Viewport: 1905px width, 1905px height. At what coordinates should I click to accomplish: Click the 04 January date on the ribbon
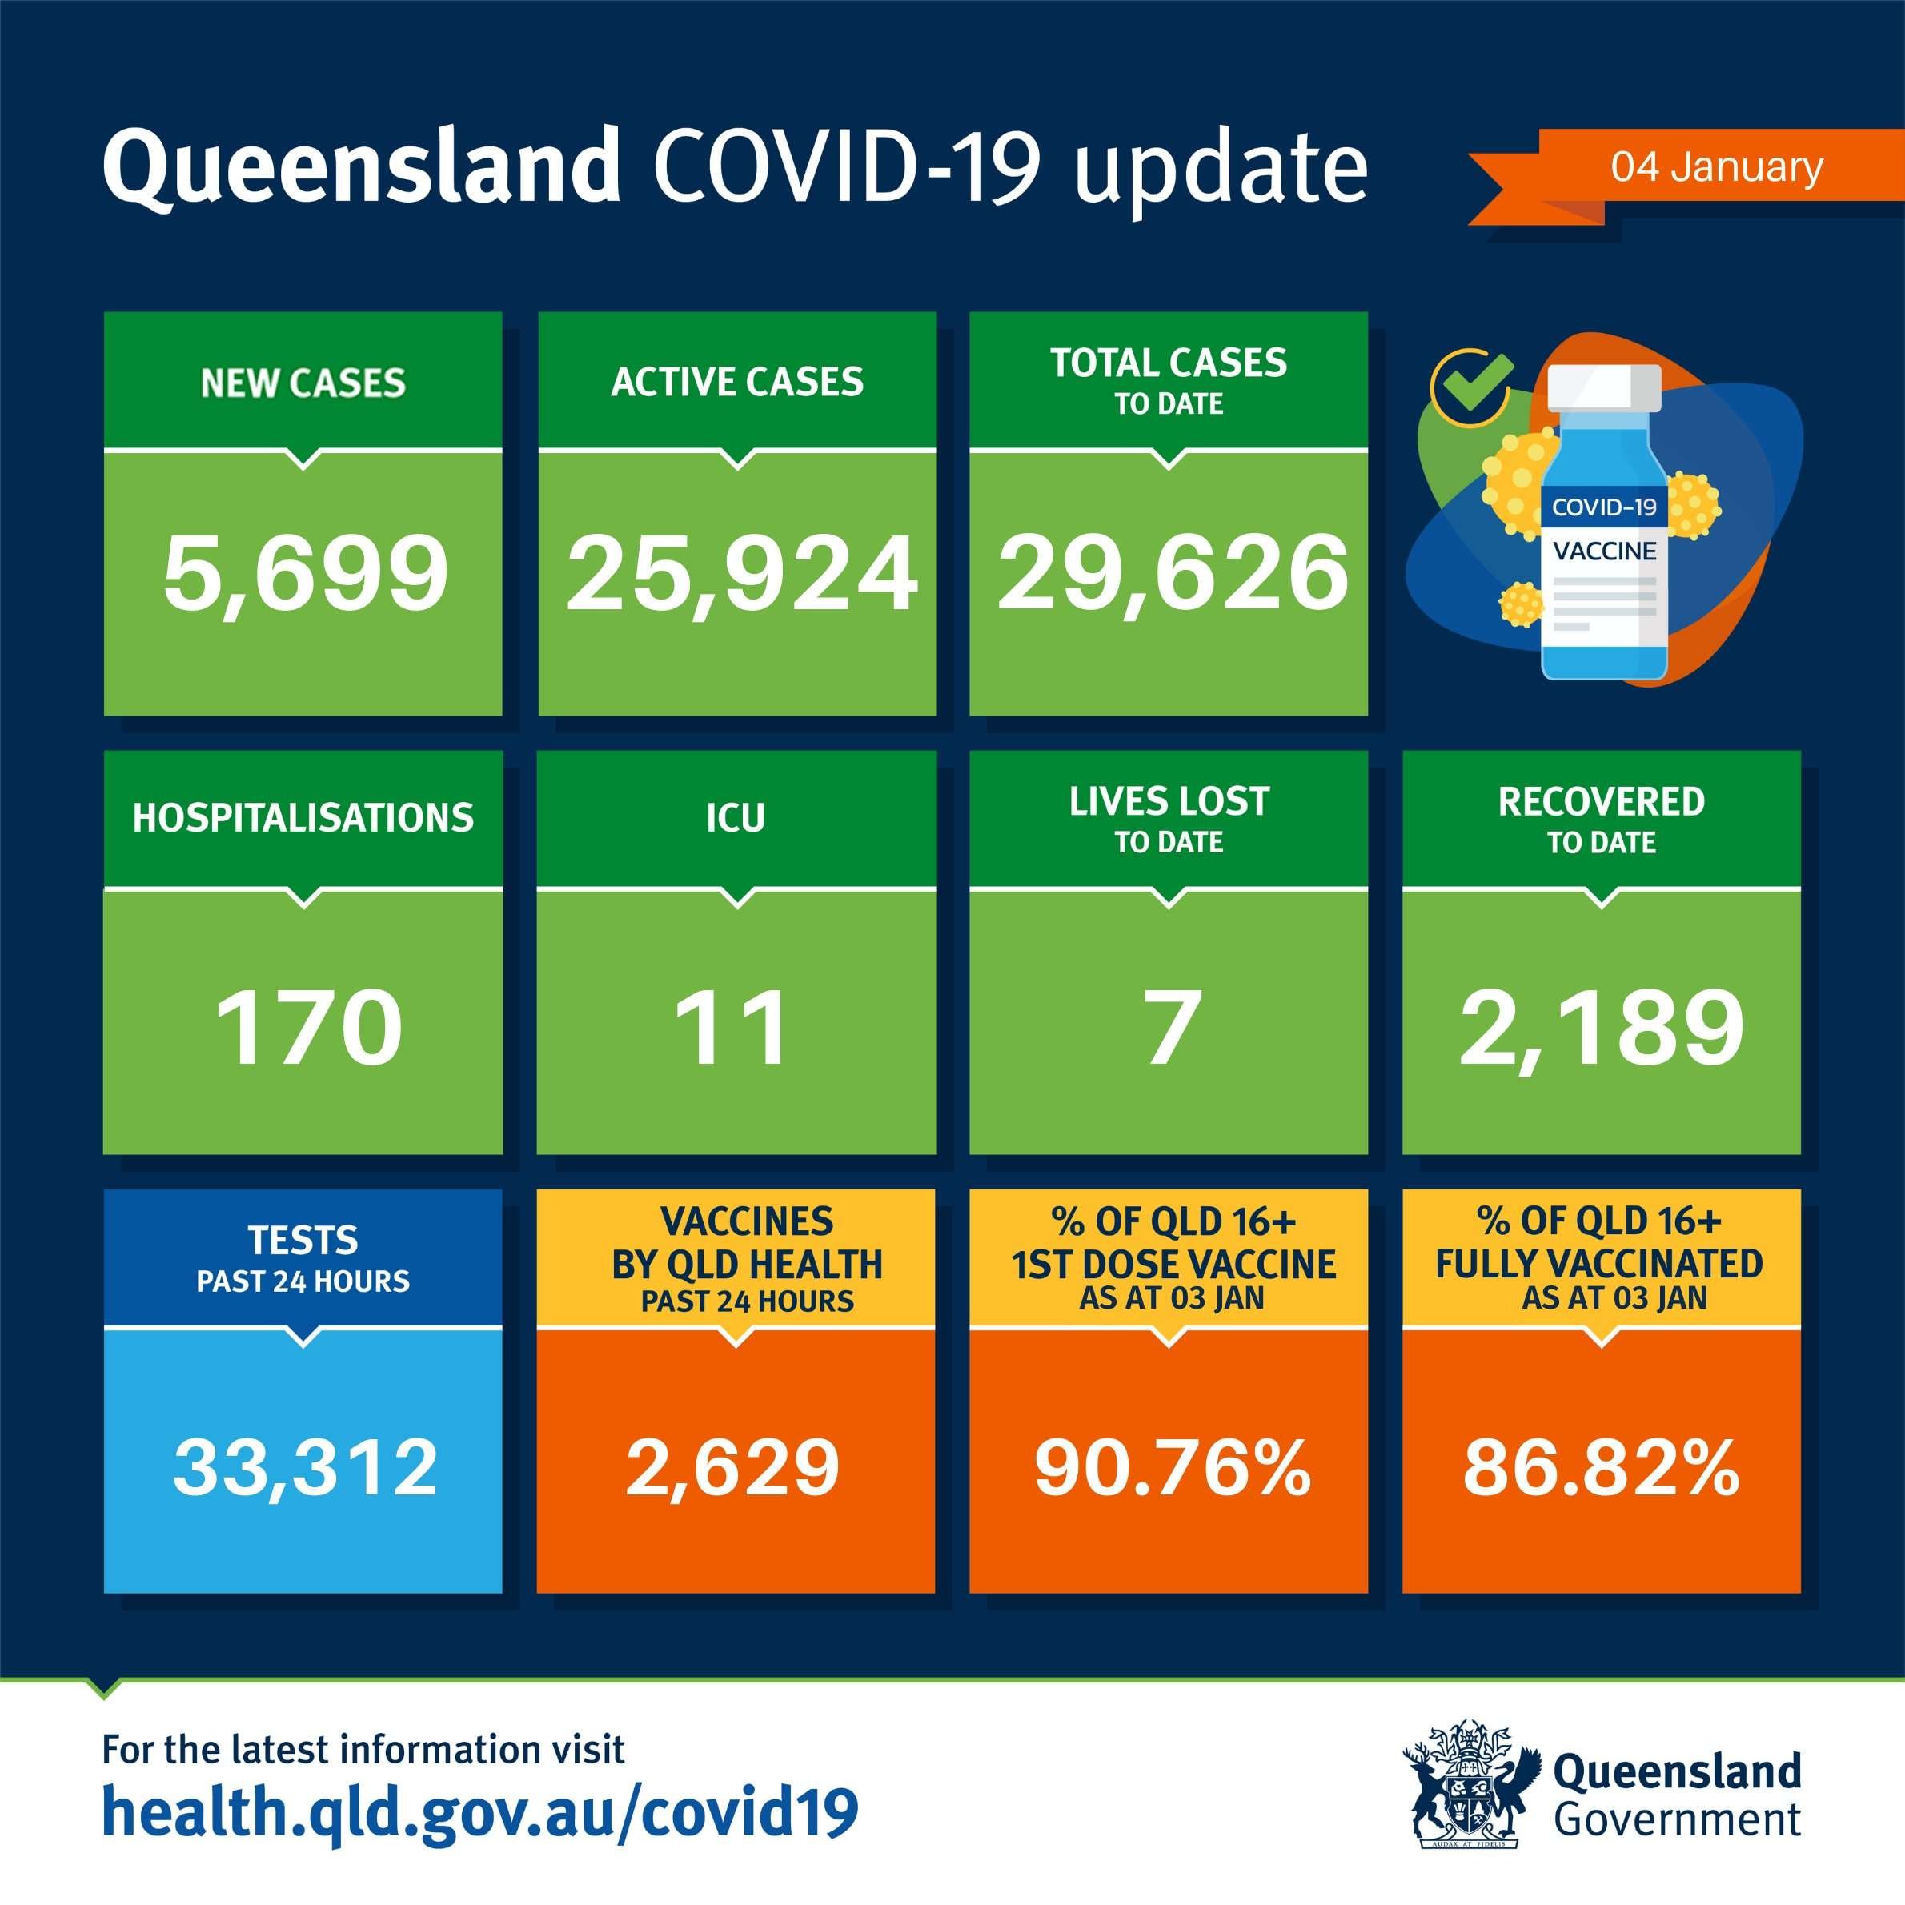(1717, 166)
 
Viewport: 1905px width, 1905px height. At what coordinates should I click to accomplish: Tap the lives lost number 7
(1173, 1028)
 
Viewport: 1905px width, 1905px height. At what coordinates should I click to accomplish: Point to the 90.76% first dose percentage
(1173, 1467)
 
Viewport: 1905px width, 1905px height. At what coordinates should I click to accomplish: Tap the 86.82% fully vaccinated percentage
(1602, 1467)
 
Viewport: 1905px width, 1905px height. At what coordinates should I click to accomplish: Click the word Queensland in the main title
(361, 167)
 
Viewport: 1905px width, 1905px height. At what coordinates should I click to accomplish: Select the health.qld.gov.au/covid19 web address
(480, 1812)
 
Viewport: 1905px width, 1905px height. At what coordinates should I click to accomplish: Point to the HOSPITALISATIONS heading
(303, 817)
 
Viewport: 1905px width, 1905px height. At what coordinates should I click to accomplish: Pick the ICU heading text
(736, 817)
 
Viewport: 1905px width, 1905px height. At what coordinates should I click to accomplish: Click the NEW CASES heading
(303, 383)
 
